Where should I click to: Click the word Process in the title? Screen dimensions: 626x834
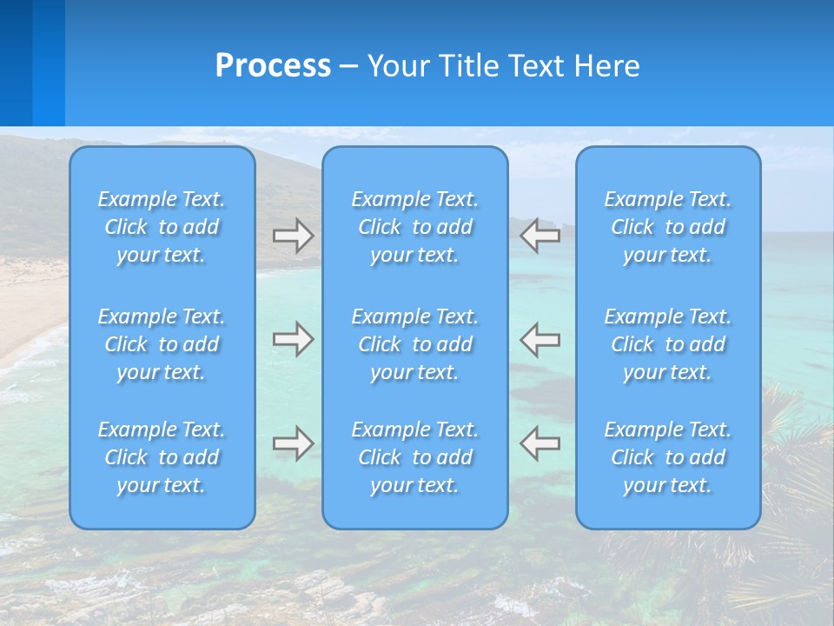(x=273, y=66)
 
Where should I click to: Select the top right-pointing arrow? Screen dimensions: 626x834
(x=294, y=236)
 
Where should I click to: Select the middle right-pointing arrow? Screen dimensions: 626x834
(x=294, y=339)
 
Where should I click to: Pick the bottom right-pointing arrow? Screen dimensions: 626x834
(x=294, y=443)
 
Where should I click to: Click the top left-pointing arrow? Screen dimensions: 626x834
(x=540, y=236)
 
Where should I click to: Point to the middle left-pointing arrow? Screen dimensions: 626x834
(x=540, y=339)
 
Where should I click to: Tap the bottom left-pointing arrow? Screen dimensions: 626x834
(x=540, y=443)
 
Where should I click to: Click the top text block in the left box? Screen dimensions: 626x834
(x=162, y=227)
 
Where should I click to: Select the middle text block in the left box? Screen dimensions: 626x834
(x=162, y=344)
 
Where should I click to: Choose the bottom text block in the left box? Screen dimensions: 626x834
(x=162, y=457)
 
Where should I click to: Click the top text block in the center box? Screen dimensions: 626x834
(x=415, y=227)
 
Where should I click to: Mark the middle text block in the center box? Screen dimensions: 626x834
(x=415, y=344)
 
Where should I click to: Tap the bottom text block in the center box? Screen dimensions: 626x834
(x=415, y=457)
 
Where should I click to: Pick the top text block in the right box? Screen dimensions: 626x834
(x=668, y=227)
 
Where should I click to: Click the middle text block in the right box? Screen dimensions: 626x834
(x=668, y=344)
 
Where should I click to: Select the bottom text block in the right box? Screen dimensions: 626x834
(x=668, y=457)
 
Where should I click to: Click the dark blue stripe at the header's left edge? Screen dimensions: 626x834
(x=16, y=63)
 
